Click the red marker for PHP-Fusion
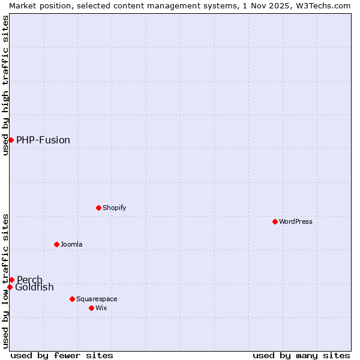coord(11,140)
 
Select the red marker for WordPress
coord(275,221)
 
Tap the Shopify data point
coord(98,208)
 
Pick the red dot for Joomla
coord(56,244)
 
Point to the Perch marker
coord(11,280)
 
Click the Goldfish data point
coord(10,287)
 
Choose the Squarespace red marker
coord(72,299)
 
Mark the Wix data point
coord(91,308)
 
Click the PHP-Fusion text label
coord(43,140)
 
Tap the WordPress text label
coord(296,221)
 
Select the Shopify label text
coord(114,208)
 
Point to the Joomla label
coord(71,244)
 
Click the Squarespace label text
coord(97,299)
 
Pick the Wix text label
coord(101,308)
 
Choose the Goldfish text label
coord(34,287)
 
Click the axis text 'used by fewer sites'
coord(62,355)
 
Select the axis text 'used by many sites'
coord(301,355)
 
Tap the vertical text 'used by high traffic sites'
coord(5,85)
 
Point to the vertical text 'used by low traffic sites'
coord(5,280)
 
